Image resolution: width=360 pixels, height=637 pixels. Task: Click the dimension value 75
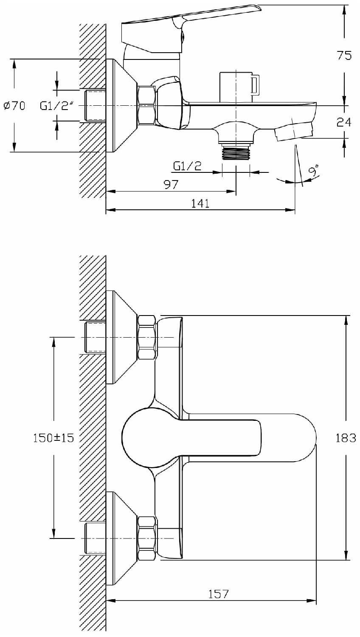pyautogui.click(x=344, y=56)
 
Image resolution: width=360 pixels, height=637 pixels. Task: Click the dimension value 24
pyautogui.click(x=344, y=122)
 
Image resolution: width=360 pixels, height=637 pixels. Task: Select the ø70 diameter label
pyautogui.click(x=14, y=106)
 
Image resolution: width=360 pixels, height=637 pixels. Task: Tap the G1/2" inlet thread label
pyautogui.click(x=57, y=106)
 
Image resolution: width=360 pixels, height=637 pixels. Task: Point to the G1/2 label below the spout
pyautogui.click(x=187, y=166)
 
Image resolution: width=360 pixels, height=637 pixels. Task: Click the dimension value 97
pyautogui.click(x=171, y=185)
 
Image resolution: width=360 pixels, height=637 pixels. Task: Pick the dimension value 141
pyautogui.click(x=200, y=203)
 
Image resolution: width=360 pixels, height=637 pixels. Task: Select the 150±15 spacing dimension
pyautogui.click(x=53, y=438)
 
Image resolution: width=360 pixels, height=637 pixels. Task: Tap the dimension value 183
pyautogui.click(x=346, y=438)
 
